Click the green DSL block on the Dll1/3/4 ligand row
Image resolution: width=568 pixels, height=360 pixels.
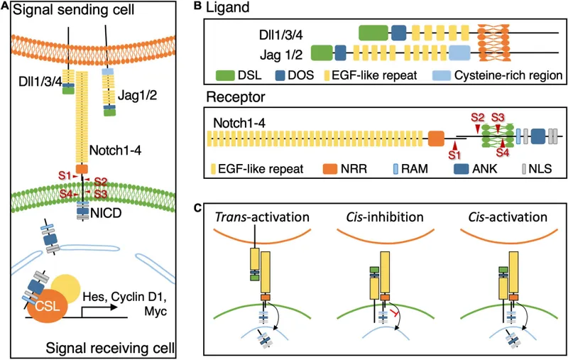(x=373, y=31)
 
